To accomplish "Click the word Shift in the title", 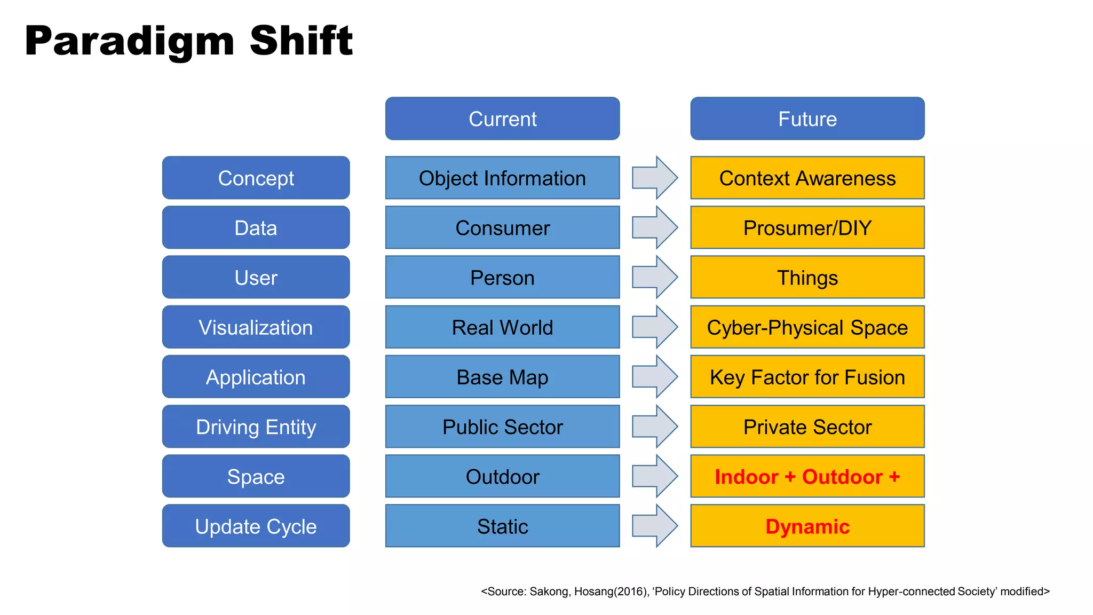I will tap(301, 41).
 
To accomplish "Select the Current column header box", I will tap(502, 119).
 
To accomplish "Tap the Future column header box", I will tap(807, 119).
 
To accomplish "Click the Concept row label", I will tap(256, 178).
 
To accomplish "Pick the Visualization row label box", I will tap(256, 327).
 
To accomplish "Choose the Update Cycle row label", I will tap(256, 526).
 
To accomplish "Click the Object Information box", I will tap(502, 178).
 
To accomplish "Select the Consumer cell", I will tap(502, 228).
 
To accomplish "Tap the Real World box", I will tap(502, 327).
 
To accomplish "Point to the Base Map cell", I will tap(502, 377).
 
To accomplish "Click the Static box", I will tap(502, 526).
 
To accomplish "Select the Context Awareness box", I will tap(807, 178).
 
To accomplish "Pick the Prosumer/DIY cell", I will tap(807, 228).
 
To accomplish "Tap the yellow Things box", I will tap(807, 278).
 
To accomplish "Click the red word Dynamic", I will tap(807, 526).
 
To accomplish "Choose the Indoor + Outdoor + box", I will tap(807, 477).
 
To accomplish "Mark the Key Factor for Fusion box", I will tap(807, 377).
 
